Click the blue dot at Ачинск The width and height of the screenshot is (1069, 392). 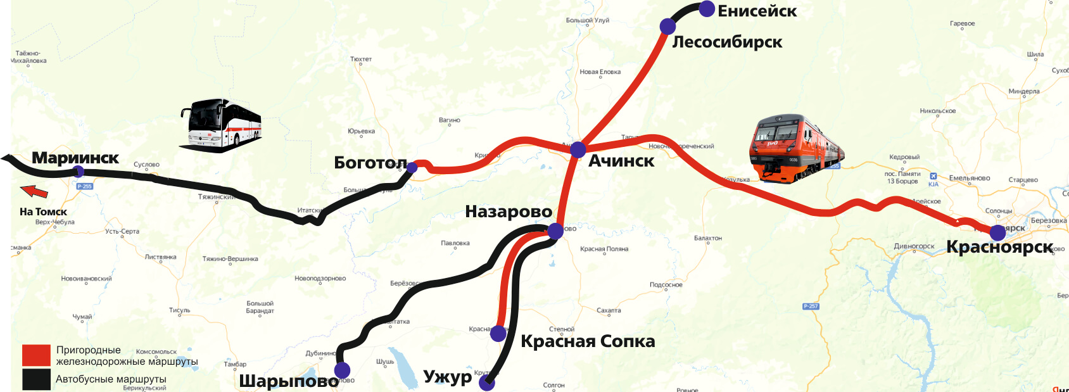pos(578,150)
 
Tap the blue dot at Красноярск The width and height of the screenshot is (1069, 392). pos(997,232)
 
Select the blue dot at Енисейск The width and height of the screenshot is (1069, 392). pos(707,9)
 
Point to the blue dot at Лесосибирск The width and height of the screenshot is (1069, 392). pos(667,27)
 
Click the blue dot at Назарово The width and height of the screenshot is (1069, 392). pos(555,231)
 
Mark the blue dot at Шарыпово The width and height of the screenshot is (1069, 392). pos(342,370)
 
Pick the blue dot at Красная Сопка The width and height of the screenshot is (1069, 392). pos(498,333)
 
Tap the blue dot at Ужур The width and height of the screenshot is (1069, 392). pos(486,383)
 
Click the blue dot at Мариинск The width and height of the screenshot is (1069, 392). pos(79,171)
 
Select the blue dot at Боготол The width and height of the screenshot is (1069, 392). pos(412,168)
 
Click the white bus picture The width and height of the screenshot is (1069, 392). pos(221,125)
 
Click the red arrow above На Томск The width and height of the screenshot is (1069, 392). pos(34,191)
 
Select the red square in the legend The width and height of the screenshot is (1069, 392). pos(36,355)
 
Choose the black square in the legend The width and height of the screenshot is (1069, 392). pos(36,379)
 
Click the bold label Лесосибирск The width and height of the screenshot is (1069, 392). pos(727,42)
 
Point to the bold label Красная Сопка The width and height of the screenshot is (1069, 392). pos(588,341)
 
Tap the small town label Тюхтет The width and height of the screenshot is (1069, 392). pos(361,59)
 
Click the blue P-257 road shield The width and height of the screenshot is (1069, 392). pos(811,306)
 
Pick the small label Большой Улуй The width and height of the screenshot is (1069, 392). pos(587,20)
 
